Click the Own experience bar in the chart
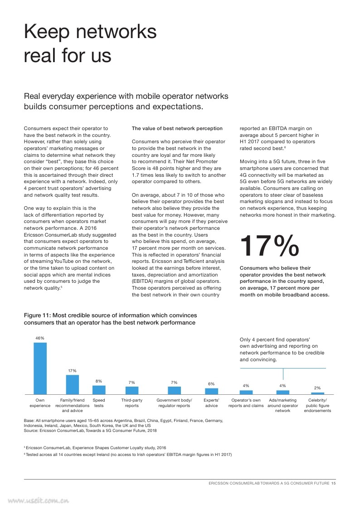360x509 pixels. [x=40, y=368]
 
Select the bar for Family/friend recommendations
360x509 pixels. [x=73, y=385]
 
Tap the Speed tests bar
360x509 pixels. [x=99, y=390]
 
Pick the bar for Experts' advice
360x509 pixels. [x=211, y=391]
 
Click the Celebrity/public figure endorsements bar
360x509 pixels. [x=317, y=393]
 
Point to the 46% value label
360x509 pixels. [x=40, y=338]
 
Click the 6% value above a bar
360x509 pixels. [x=211, y=384]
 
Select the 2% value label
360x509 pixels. [x=317, y=388]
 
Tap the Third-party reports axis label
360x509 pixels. [x=132, y=403]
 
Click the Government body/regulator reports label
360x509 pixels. [x=174, y=403]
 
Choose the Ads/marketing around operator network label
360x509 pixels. [x=283, y=406]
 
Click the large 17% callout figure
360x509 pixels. [x=269, y=246]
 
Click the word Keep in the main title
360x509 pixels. [x=47, y=32]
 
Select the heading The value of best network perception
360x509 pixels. [x=177, y=129]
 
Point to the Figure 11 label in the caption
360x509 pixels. [x=37, y=315]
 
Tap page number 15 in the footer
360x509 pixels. [x=333, y=483]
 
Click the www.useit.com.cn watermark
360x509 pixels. [x=39, y=501]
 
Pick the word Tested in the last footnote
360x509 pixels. [x=32, y=455]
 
